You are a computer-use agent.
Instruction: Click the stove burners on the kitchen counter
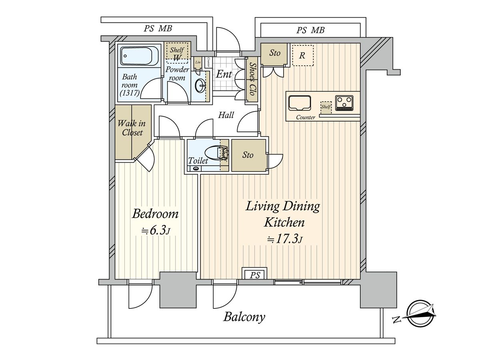coord(344,103)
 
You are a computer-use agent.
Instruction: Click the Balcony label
coord(244,317)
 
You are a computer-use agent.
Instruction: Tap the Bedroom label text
coord(155,214)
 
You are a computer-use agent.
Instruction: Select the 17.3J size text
coord(284,239)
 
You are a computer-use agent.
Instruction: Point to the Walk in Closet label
coord(131,128)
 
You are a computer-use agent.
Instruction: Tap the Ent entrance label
coord(224,74)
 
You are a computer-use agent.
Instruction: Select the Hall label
coord(226,115)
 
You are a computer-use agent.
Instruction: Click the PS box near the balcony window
coord(255,275)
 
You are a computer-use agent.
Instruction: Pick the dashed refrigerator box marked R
coord(302,55)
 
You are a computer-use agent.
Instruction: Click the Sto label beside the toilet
coord(248,155)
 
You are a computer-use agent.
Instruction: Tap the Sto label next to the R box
coord(274,53)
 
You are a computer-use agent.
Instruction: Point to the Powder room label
coord(178,73)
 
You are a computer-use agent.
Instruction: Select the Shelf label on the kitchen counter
coord(326,107)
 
